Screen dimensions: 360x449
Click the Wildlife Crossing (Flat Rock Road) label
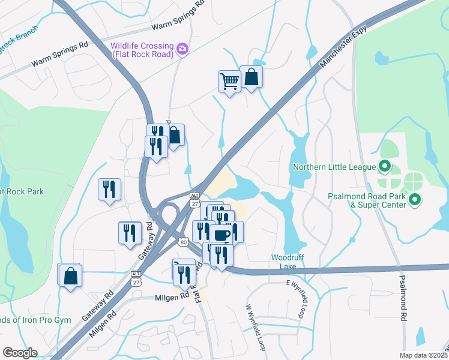click(142, 50)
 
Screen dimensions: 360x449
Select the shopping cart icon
click(229, 80)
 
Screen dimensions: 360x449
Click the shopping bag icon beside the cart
click(251, 77)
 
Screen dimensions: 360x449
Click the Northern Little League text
click(334, 167)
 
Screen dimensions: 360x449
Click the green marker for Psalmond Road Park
click(414, 199)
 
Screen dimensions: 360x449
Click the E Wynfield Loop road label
click(297, 298)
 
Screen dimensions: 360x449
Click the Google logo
click(19, 353)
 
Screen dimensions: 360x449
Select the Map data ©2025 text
click(423, 355)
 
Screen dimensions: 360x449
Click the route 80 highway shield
click(183, 241)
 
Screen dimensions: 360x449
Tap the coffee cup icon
click(220, 235)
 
